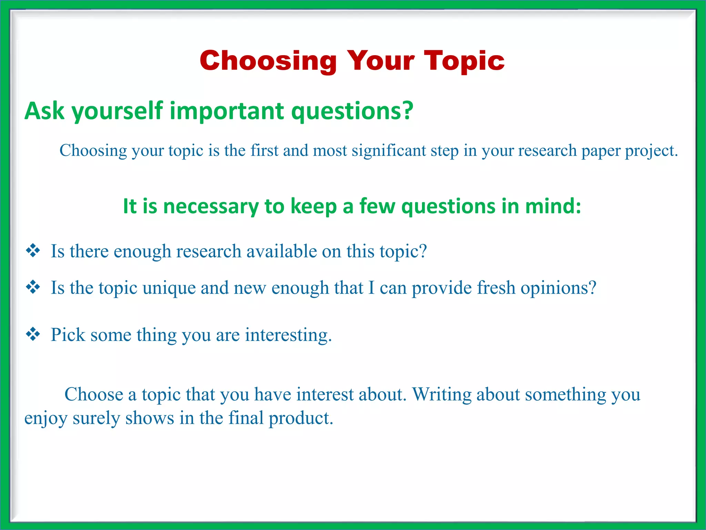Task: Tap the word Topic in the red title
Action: tap(464, 61)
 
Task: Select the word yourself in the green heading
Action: tap(117, 111)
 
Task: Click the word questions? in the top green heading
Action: tap(352, 111)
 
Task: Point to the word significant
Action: tap(389, 151)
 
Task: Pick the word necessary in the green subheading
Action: tap(211, 206)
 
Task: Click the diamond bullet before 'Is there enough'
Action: tap(33, 251)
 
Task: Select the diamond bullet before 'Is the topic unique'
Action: tap(33, 287)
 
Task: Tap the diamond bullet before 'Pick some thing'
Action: tap(33, 334)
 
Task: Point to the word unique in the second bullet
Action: tap(169, 288)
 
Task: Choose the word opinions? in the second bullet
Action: tap(558, 288)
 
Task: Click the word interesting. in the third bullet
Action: tap(288, 335)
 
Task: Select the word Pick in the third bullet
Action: tap(68, 335)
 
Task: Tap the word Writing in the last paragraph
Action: tap(442, 394)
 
